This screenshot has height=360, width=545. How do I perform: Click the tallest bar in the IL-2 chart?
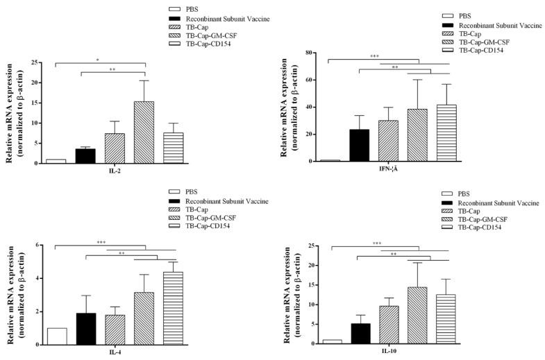144,132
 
